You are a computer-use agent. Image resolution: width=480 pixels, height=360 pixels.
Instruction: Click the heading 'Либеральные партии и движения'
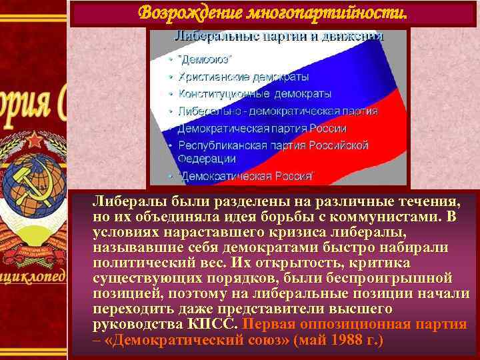point(279,35)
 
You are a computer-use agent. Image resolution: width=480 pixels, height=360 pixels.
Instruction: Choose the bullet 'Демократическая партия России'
point(261,128)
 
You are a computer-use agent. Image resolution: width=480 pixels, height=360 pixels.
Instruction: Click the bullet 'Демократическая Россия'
point(246,176)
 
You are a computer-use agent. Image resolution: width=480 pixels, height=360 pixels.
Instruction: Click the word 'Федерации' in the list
point(206,159)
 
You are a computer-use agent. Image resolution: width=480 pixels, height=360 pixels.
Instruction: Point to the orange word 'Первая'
point(267,325)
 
